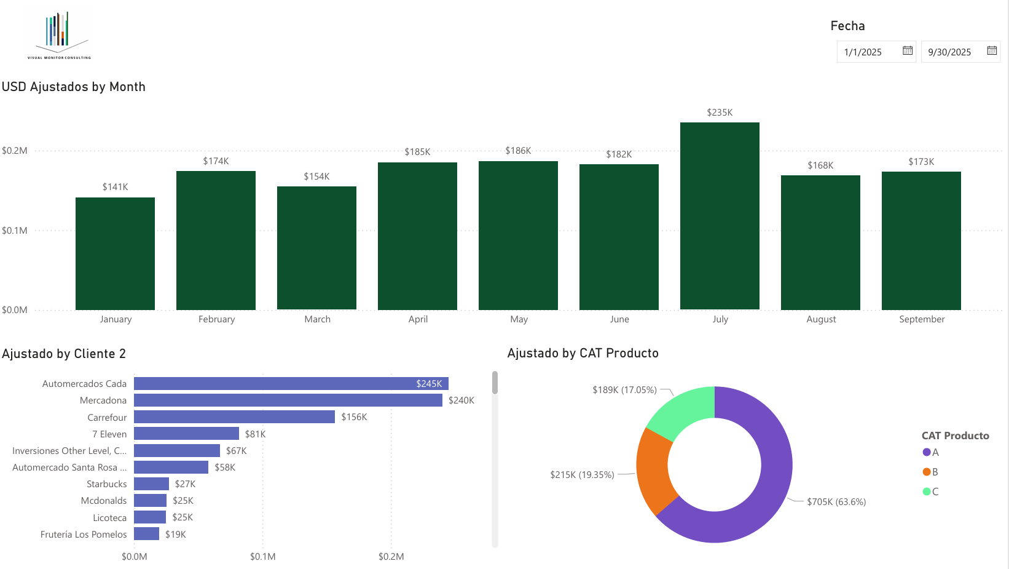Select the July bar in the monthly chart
click(720, 215)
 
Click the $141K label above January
click(115, 187)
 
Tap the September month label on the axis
click(921, 319)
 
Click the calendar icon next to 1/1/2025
click(908, 51)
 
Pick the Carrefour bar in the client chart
click(234, 417)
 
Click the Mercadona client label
click(103, 400)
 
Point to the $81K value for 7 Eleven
click(255, 434)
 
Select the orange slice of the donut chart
click(653, 471)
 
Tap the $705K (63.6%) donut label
click(836, 502)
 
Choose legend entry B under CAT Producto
click(935, 472)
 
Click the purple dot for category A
click(927, 452)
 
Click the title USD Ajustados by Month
click(74, 87)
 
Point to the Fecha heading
click(847, 26)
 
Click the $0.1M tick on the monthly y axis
click(15, 231)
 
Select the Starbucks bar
click(151, 484)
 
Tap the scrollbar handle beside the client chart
click(495, 383)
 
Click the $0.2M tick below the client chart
click(391, 557)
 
